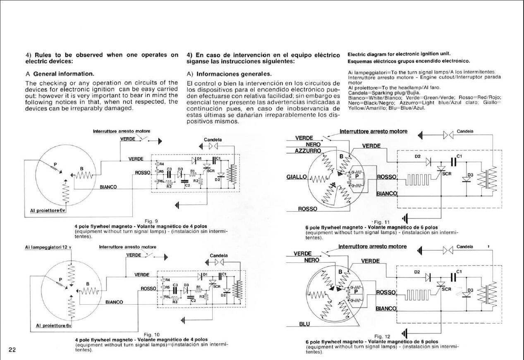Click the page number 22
pos(12,350)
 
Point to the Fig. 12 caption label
pos(382,336)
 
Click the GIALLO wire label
pos(296,177)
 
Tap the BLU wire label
pos(304,324)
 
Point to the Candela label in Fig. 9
pos(213,140)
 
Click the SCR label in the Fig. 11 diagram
pos(447,174)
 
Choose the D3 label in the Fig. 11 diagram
pos(470,175)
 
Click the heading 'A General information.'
pos(60,74)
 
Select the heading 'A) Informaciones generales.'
pos(229,74)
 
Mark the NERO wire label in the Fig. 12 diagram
pos(311,260)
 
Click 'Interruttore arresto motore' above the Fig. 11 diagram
pos(373,131)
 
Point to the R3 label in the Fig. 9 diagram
pos(169,187)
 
